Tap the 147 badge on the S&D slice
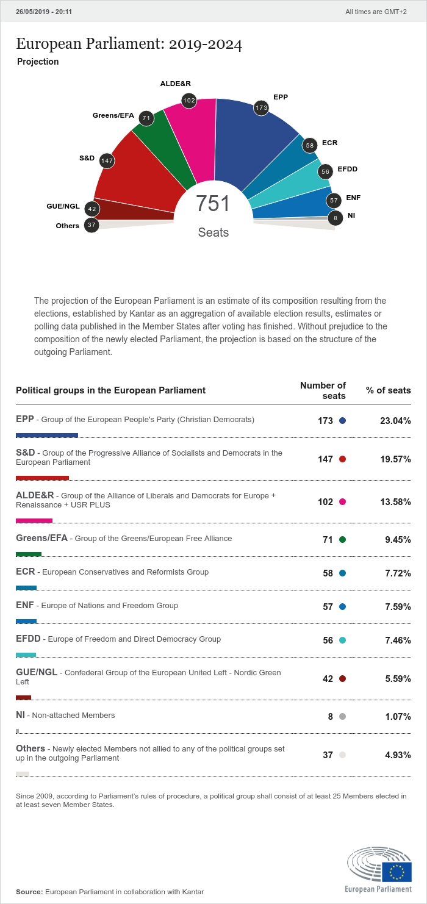pyautogui.click(x=107, y=161)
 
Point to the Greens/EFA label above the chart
pyautogui.click(x=113, y=115)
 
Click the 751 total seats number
pyautogui.click(x=213, y=204)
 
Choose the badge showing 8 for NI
pyautogui.click(x=335, y=218)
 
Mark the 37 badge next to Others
pyautogui.click(x=91, y=225)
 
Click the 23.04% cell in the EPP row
pyautogui.click(x=395, y=421)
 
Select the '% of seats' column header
pyautogui.click(x=389, y=390)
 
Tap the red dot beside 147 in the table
pyautogui.click(x=342, y=459)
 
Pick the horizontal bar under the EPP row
pyautogui.click(x=47, y=435)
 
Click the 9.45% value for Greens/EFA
pyautogui.click(x=398, y=540)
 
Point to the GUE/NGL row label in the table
pyautogui.click(x=37, y=672)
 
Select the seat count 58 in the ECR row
pyautogui.click(x=328, y=573)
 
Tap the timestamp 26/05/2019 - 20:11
pyautogui.click(x=41, y=11)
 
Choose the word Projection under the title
pyautogui.click(x=38, y=62)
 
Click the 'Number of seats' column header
pyautogui.click(x=323, y=390)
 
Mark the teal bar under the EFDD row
pyautogui.click(x=26, y=655)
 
